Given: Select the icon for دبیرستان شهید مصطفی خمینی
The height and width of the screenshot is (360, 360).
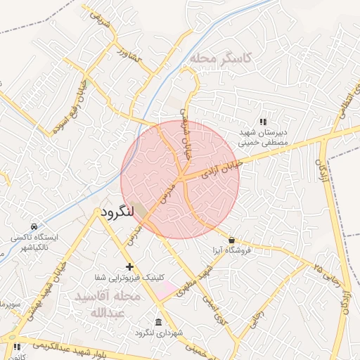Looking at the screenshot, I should (x=263, y=122).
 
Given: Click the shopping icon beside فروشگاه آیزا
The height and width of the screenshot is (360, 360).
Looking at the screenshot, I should (x=231, y=240).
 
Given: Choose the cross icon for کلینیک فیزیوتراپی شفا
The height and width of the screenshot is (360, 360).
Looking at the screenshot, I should (x=129, y=266).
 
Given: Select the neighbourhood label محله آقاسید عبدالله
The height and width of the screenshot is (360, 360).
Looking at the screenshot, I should (x=108, y=304).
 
